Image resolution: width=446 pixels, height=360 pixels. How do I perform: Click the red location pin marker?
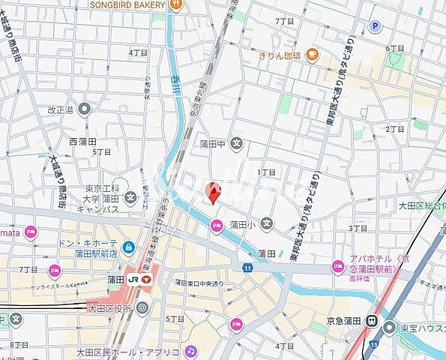[214, 193]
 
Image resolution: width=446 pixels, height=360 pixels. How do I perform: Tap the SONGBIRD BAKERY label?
[127, 4]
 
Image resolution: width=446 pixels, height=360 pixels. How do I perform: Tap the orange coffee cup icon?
[312, 54]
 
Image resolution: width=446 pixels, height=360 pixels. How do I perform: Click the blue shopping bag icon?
[128, 247]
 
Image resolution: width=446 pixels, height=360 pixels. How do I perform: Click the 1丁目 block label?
[267, 172]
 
